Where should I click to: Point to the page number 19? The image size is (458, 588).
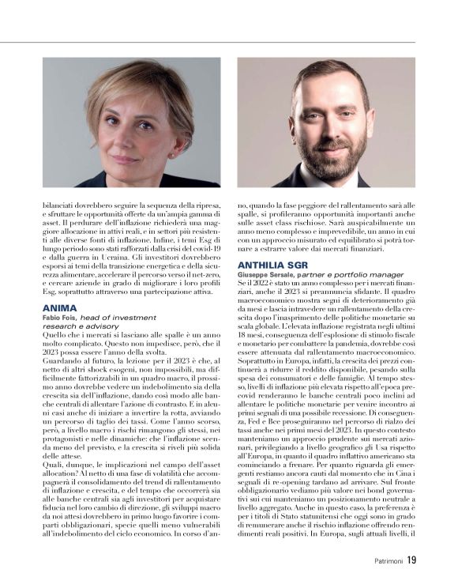[x=411, y=562]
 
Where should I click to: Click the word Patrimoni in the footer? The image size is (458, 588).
[x=385, y=563]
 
